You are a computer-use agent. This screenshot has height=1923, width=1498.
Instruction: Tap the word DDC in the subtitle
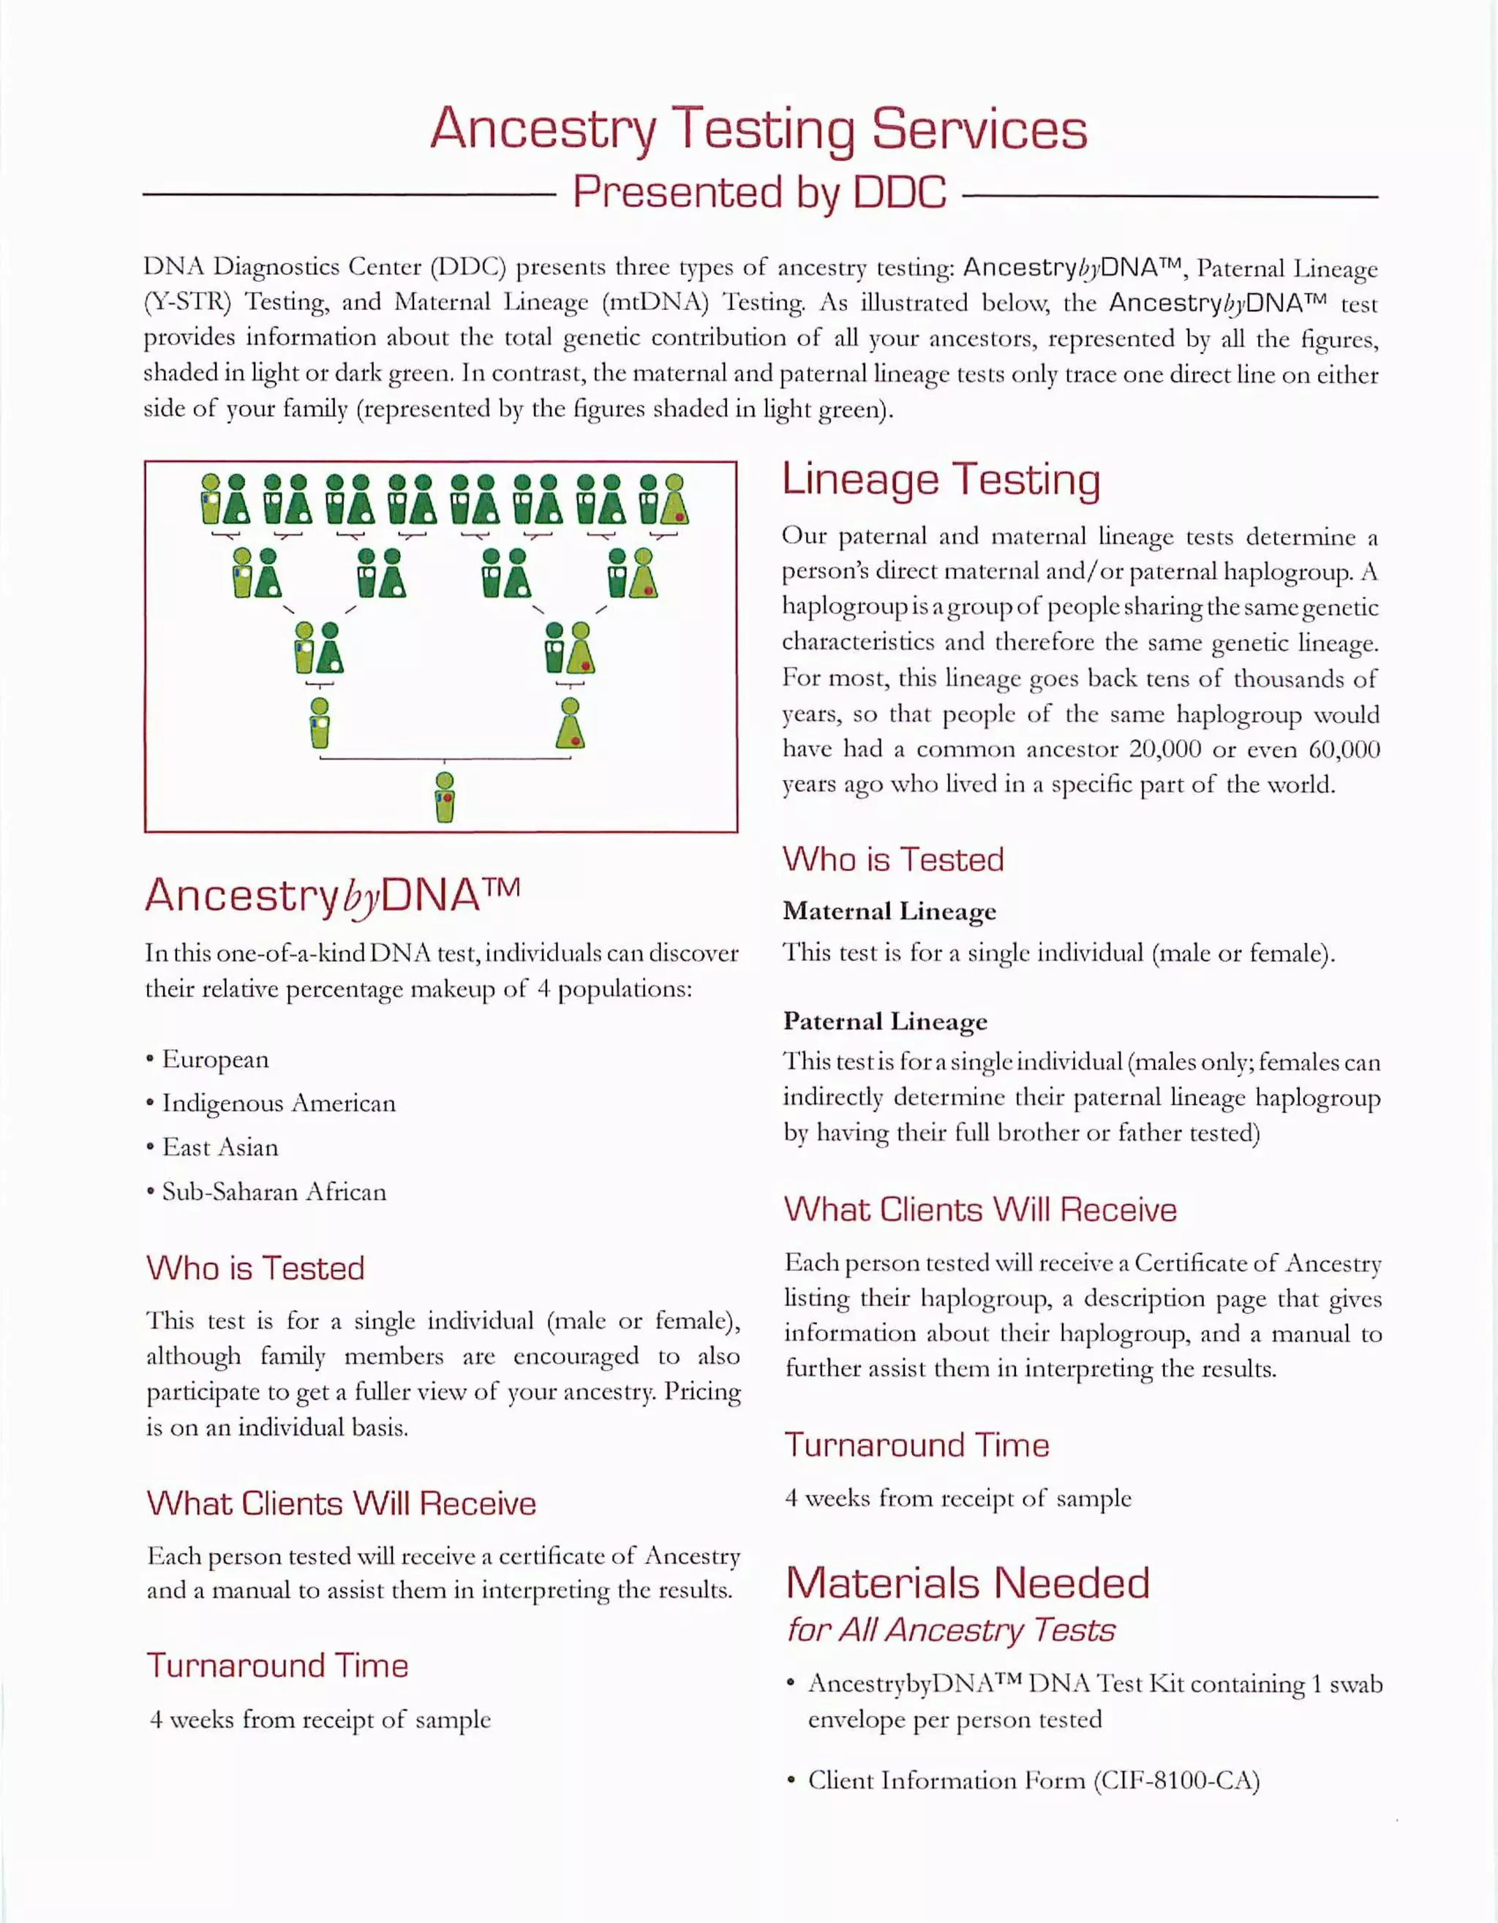pyautogui.click(x=899, y=192)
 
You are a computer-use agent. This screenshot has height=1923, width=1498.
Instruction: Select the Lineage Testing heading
pyautogui.click(x=941, y=480)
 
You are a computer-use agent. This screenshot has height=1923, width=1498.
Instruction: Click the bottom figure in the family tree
pyautogui.click(x=445, y=797)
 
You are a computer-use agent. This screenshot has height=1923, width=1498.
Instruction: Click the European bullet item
pyautogui.click(x=215, y=1059)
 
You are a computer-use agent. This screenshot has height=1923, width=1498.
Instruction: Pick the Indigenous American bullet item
pyautogui.click(x=278, y=1103)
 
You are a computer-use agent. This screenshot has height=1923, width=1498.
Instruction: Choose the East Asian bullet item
pyautogui.click(x=220, y=1147)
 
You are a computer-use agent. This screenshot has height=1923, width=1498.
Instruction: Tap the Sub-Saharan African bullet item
pyautogui.click(x=274, y=1191)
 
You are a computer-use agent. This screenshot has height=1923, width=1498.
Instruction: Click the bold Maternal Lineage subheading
pyautogui.click(x=889, y=910)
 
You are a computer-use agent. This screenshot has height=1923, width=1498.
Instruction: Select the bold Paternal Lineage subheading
pyautogui.click(x=884, y=1021)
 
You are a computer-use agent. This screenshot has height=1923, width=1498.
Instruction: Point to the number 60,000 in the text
pyautogui.click(x=1344, y=749)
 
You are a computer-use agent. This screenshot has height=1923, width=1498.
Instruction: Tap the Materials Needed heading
pyautogui.click(x=967, y=1583)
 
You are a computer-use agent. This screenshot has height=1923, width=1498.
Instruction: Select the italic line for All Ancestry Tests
pyautogui.click(x=950, y=1630)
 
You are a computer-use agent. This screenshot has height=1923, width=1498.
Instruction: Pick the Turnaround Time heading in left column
pyautogui.click(x=277, y=1666)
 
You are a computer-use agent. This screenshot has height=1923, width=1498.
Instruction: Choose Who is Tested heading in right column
pyautogui.click(x=892, y=859)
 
